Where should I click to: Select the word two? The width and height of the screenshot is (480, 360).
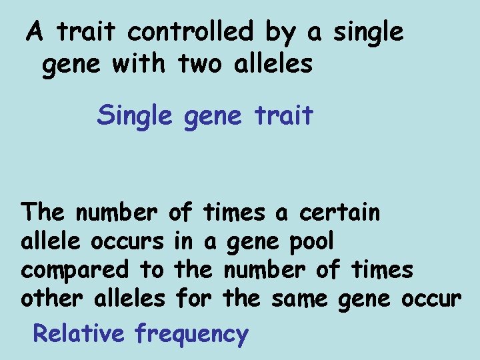pos(199,64)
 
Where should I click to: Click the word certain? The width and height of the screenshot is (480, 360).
pos(340,213)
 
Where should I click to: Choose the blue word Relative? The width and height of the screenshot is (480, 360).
pos(78,333)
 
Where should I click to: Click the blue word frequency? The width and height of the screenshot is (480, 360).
pos(191,333)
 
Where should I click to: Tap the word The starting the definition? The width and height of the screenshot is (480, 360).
pos(43,213)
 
